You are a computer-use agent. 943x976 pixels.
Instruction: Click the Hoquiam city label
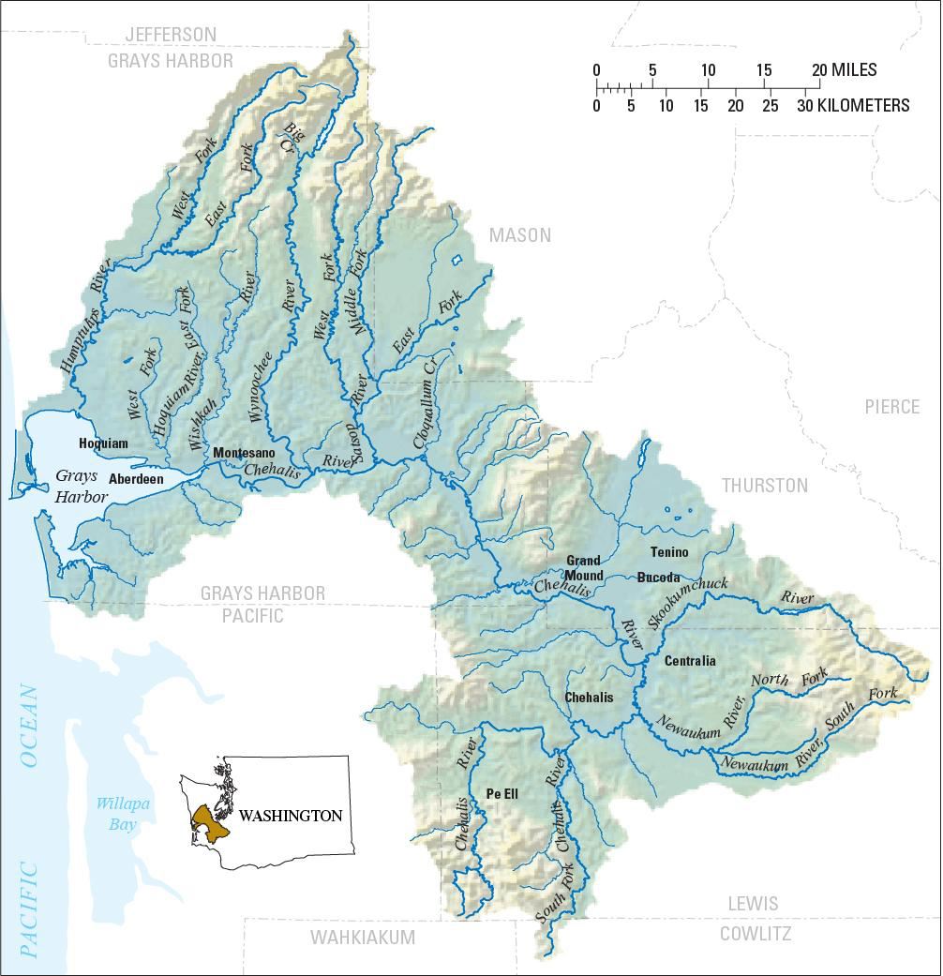[103, 443]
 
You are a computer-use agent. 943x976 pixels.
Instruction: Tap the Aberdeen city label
[136, 478]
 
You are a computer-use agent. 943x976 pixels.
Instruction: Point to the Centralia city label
[690, 661]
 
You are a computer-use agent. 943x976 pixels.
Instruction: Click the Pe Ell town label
[502, 793]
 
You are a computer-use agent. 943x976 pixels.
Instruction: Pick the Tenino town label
[668, 552]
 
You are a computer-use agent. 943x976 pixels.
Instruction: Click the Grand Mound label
[583, 568]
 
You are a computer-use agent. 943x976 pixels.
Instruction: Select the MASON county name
[520, 235]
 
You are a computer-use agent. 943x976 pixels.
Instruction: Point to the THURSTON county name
[764, 485]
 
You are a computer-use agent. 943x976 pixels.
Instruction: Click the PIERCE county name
[892, 407]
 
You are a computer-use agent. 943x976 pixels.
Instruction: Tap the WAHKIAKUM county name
[363, 937]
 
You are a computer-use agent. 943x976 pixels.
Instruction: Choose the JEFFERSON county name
[171, 35]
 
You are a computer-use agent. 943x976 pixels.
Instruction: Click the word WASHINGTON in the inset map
[290, 816]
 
